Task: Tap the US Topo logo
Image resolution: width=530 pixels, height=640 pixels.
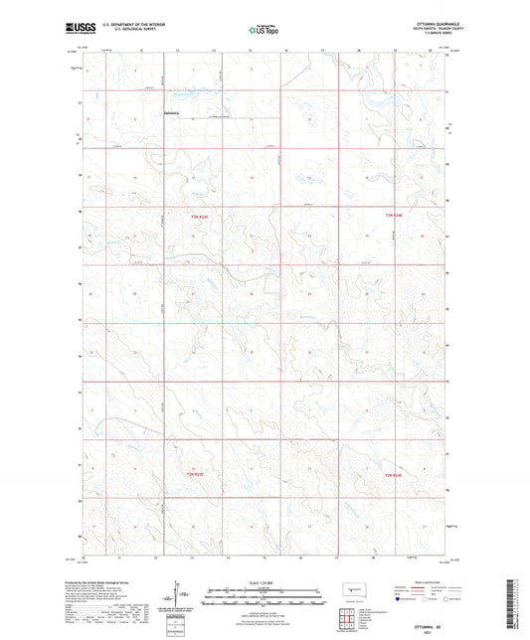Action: click(x=264, y=31)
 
